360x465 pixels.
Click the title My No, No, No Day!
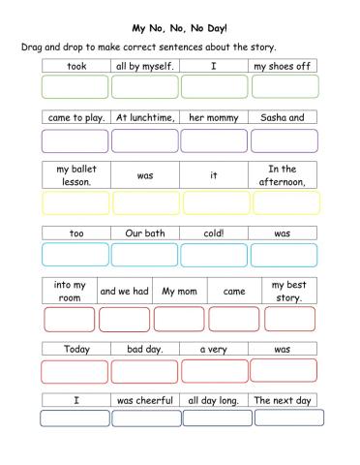[179, 28]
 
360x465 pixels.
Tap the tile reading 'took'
[76, 66]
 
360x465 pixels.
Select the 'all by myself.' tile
[145, 66]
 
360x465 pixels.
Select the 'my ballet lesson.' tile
[76, 175]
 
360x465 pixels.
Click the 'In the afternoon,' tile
[283, 175]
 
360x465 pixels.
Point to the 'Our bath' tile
[145, 233]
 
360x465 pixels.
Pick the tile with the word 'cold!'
[214, 233]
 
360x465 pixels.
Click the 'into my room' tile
[70, 291]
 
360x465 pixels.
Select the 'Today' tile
[76, 349]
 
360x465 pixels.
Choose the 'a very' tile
[214, 349]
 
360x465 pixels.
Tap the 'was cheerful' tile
[145, 400]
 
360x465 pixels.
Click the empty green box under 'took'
[75, 86]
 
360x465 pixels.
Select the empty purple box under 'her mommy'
[215, 140]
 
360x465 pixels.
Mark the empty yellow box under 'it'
[215, 202]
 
